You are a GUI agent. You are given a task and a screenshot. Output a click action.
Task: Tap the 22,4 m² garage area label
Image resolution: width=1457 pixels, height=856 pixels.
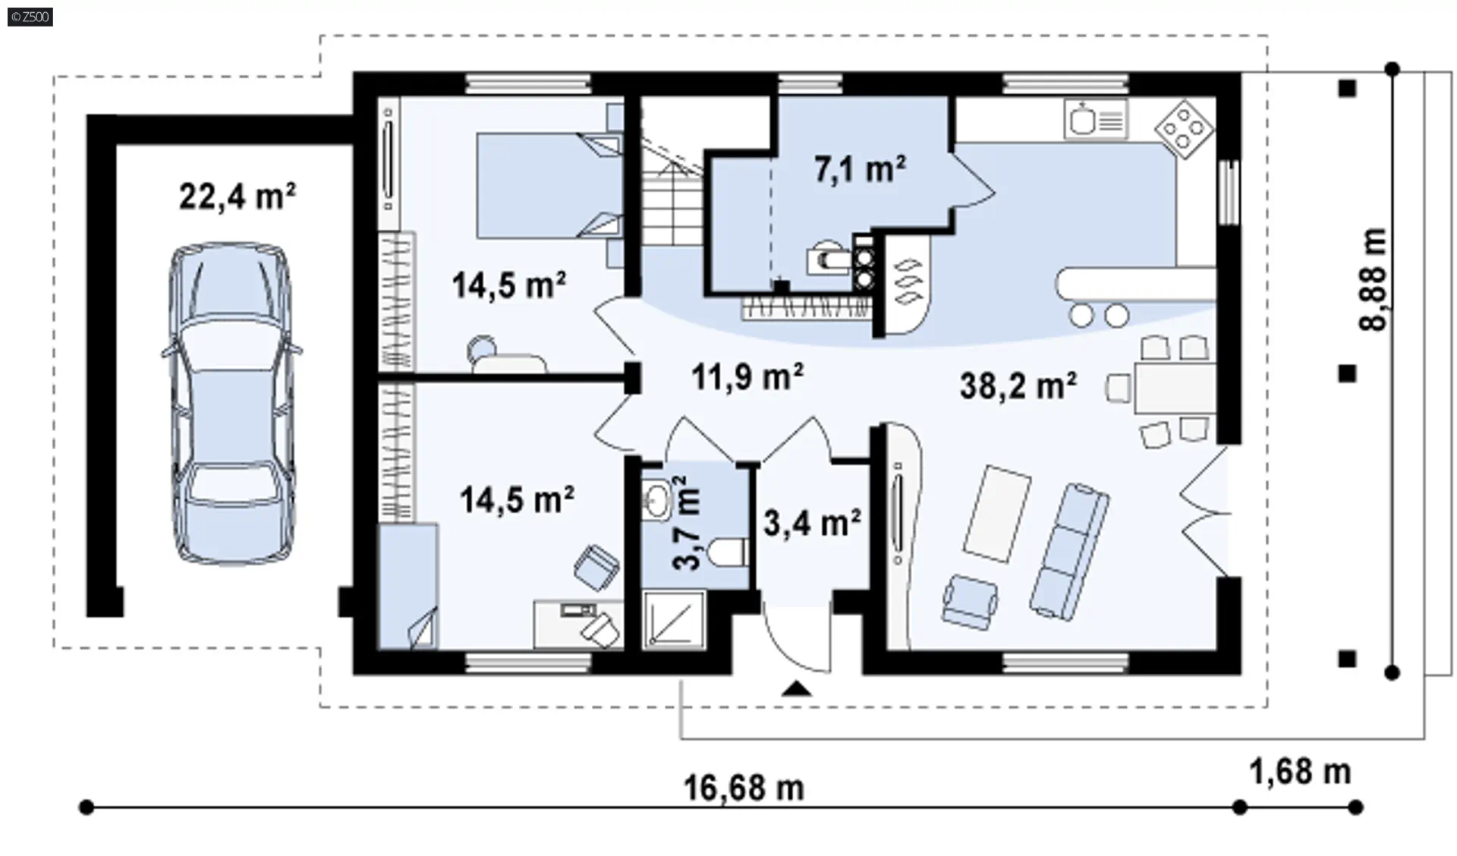click(x=237, y=197)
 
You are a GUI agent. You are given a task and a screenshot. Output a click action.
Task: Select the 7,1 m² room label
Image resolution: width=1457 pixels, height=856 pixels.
click(x=860, y=168)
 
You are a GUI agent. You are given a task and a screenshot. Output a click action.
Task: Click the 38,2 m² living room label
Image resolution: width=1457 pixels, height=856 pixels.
click(x=1018, y=386)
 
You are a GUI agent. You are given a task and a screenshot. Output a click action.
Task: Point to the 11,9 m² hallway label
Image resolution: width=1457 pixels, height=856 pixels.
click(x=747, y=376)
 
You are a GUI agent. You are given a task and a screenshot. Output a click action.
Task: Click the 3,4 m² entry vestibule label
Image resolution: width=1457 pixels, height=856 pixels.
click(x=812, y=523)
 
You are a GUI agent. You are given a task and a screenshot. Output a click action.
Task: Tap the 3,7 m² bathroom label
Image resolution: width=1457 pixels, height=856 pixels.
click(x=688, y=523)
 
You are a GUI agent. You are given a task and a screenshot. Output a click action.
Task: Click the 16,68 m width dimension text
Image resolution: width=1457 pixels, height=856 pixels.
click(x=744, y=788)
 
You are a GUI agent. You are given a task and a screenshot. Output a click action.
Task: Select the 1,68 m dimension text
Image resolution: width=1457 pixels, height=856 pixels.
click(x=1300, y=773)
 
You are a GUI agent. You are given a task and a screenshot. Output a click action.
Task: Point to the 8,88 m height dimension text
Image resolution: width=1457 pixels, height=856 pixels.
click(x=1373, y=279)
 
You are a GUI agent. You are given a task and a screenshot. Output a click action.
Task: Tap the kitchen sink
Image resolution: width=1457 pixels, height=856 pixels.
click(x=1095, y=120)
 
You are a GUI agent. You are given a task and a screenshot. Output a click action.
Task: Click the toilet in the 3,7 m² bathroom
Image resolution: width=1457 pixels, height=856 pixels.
click(x=728, y=552)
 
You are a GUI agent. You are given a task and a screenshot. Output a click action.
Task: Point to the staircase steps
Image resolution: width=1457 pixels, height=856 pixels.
click(x=674, y=190)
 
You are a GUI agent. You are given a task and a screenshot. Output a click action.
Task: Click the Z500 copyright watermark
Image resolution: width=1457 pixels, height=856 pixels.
click(x=30, y=16)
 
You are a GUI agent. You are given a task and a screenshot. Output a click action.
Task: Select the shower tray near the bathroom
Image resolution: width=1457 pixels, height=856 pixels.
click(x=675, y=620)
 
